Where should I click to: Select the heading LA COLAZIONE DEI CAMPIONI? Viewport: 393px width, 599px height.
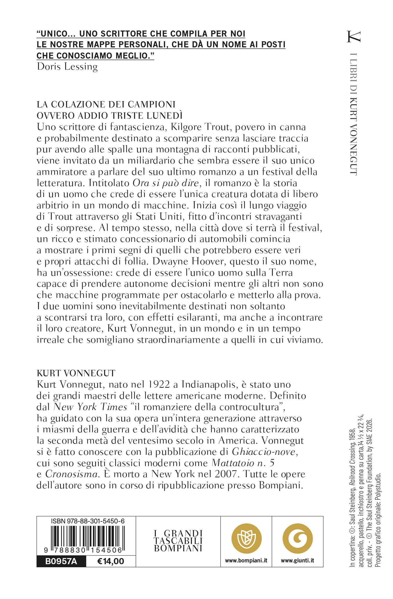(x=106, y=105)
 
